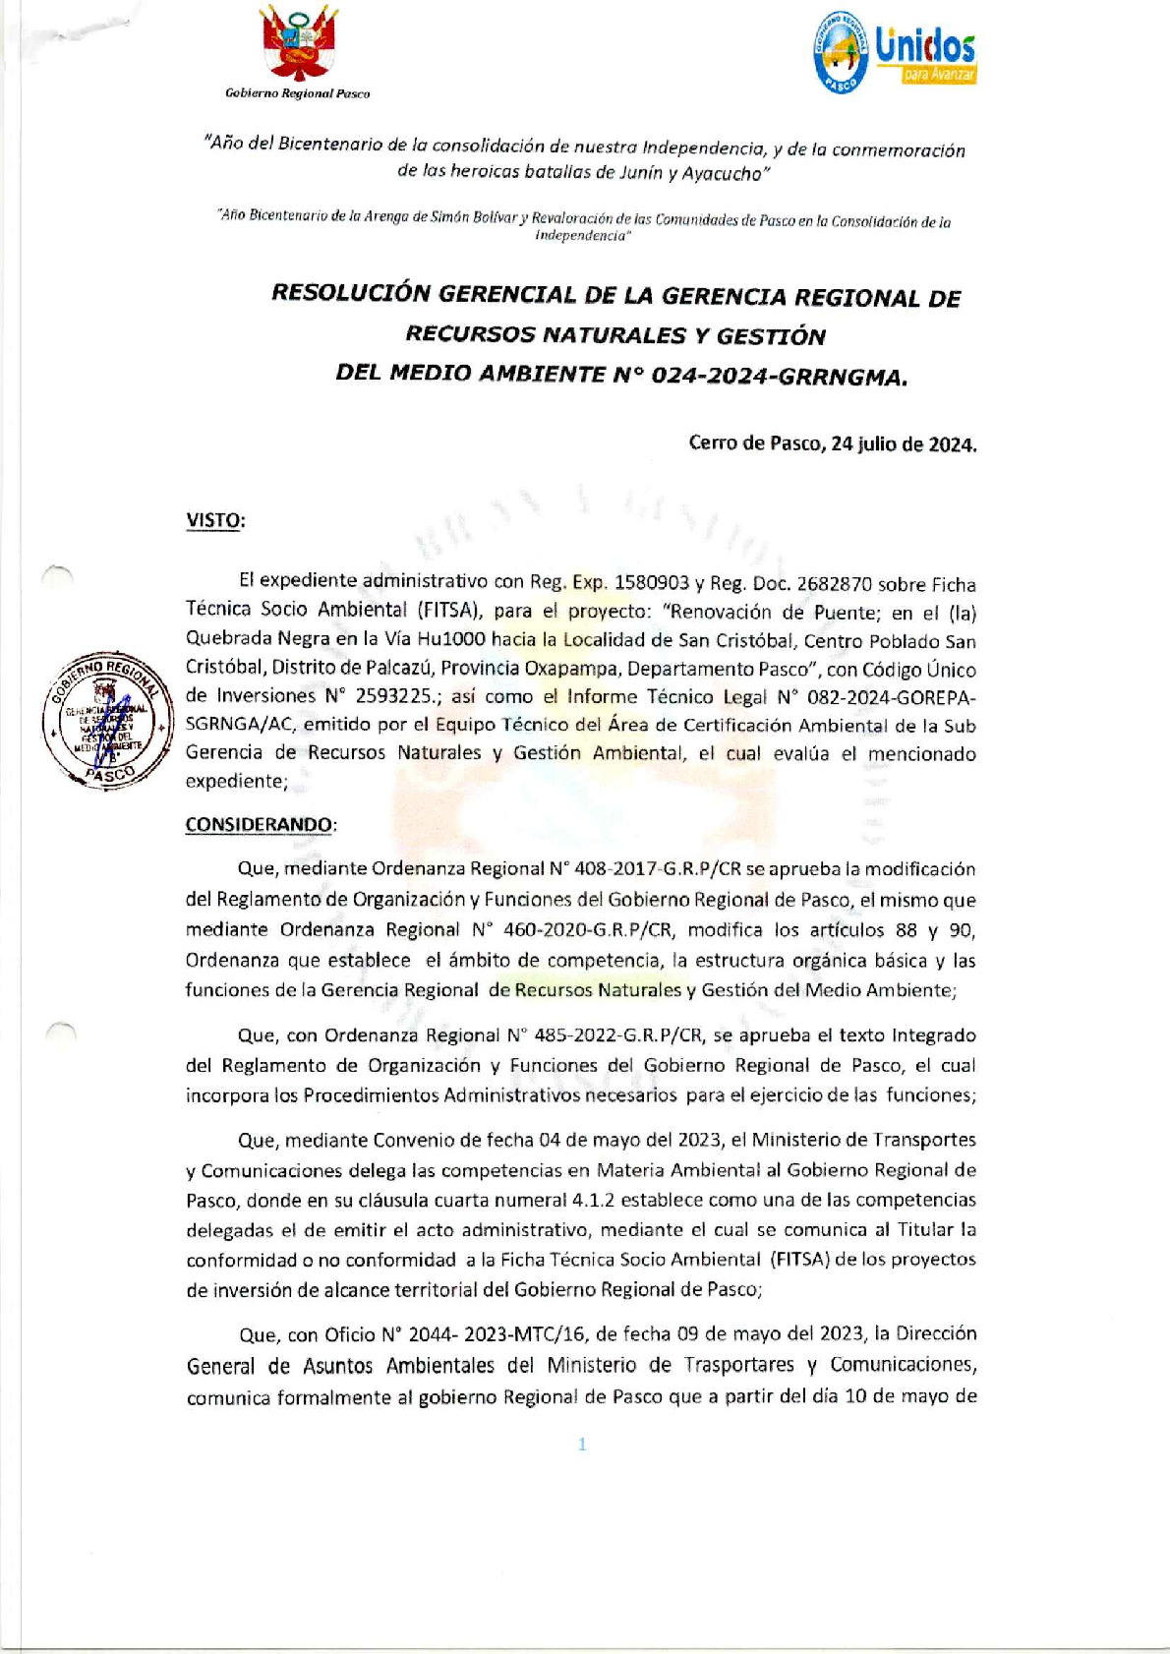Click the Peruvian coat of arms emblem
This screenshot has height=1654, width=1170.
(x=299, y=45)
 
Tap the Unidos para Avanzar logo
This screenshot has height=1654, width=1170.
(x=895, y=53)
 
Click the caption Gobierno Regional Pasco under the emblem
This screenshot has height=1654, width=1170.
(x=298, y=93)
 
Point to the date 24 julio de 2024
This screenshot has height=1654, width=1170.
(x=904, y=443)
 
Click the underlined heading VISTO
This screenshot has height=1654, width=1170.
(x=214, y=520)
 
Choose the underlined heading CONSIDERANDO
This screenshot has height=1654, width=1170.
(x=260, y=824)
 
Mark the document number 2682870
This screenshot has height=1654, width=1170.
(x=832, y=583)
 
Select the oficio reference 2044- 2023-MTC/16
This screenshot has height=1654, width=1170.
(x=497, y=1334)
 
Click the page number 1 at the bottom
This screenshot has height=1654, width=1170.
(x=582, y=1444)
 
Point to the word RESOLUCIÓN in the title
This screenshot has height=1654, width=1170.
(x=351, y=294)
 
